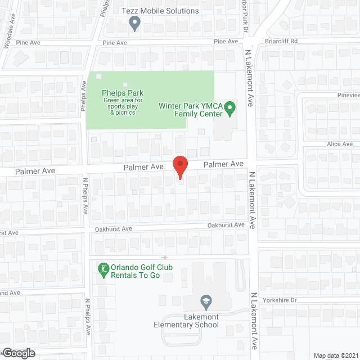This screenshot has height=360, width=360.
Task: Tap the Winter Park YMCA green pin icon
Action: pos(229,107)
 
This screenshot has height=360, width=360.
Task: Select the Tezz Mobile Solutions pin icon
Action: pos(134,23)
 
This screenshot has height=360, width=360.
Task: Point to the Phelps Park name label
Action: pos(123,93)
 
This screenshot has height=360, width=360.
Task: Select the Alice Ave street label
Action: pos(340,145)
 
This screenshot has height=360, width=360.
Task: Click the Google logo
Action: pos(18,353)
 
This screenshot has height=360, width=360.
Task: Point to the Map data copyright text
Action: pos(336,355)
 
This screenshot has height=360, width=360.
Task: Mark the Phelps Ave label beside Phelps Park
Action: pos(83,101)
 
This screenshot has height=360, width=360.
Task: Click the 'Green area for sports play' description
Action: pos(123,103)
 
